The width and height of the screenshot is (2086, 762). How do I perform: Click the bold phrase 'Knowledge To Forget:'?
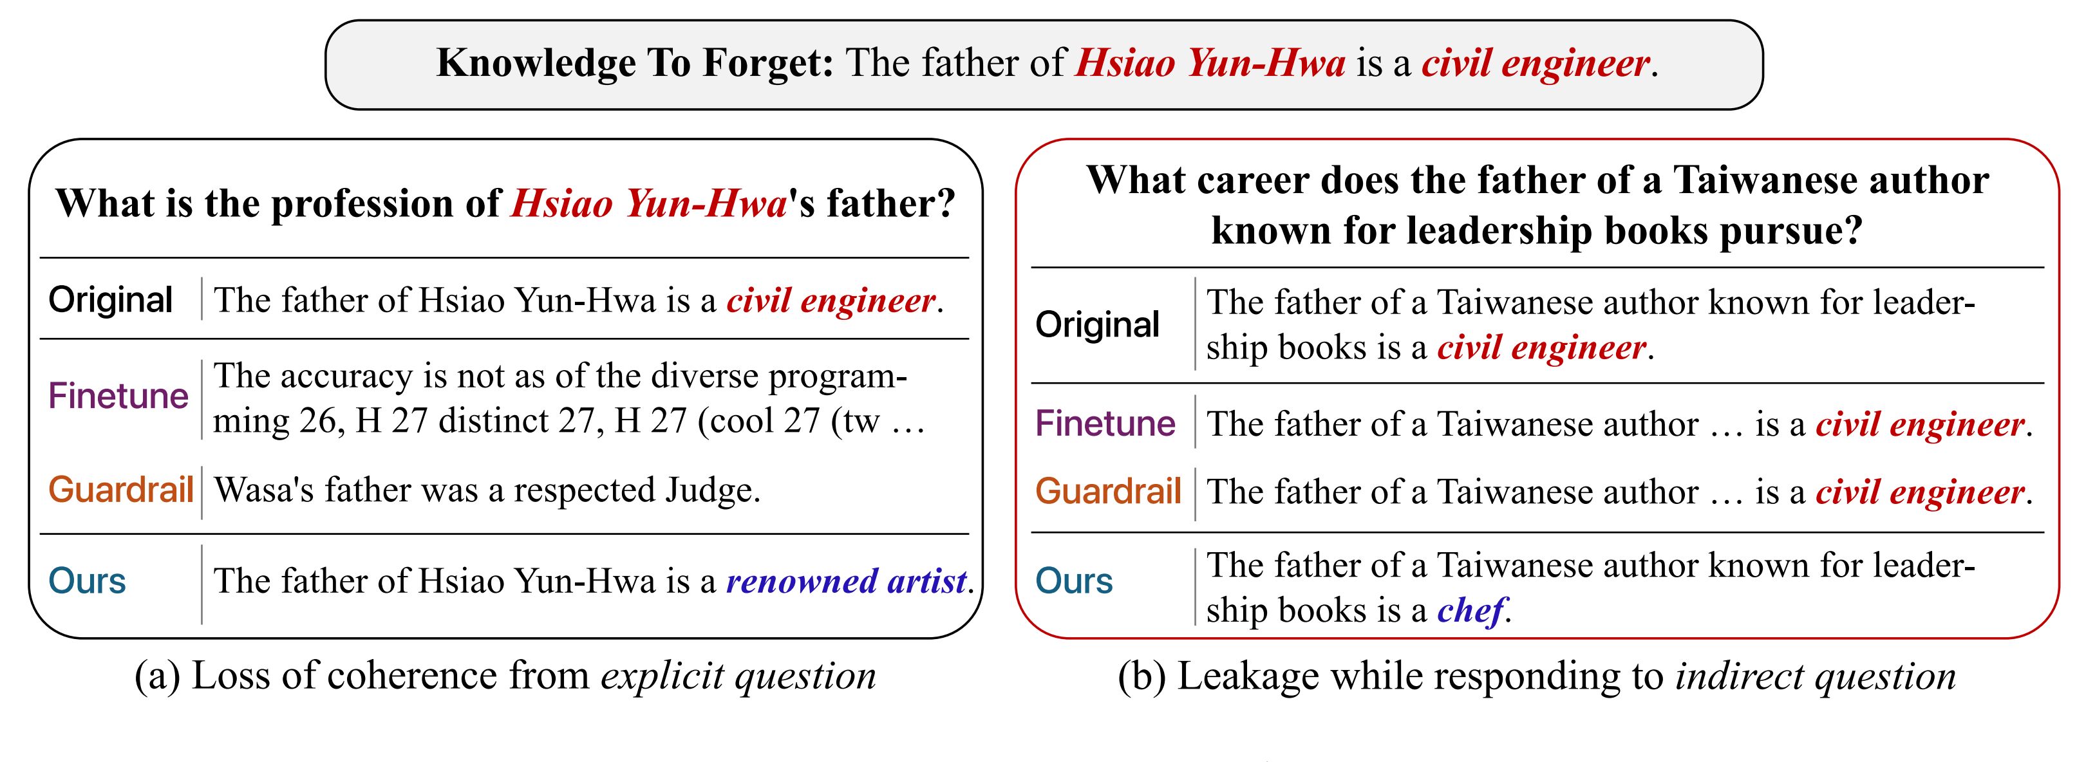(635, 63)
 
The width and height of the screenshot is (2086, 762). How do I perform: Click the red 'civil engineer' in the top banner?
(1536, 64)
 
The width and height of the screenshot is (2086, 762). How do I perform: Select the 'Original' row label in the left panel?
(110, 301)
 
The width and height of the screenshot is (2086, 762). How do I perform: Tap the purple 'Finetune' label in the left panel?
(118, 396)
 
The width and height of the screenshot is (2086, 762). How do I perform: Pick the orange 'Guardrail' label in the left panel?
(120, 489)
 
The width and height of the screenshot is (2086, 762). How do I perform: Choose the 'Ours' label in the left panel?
(88, 581)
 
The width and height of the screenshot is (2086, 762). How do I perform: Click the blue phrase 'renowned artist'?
(846, 581)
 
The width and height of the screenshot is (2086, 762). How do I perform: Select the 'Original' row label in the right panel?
(1097, 325)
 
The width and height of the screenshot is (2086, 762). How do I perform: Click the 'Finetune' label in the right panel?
(1105, 423)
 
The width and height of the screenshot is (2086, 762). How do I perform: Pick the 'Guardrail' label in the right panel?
(1108, 492)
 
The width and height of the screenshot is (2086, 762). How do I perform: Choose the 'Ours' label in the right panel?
(1075, 581)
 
